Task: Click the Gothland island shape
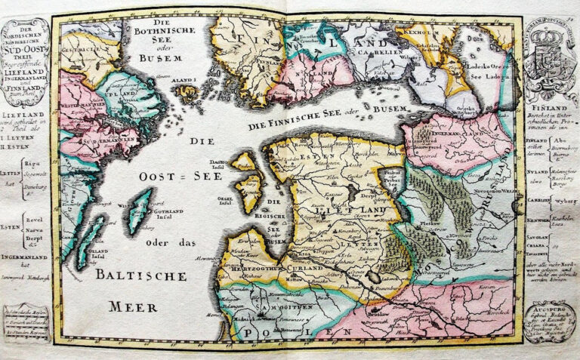139,211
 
